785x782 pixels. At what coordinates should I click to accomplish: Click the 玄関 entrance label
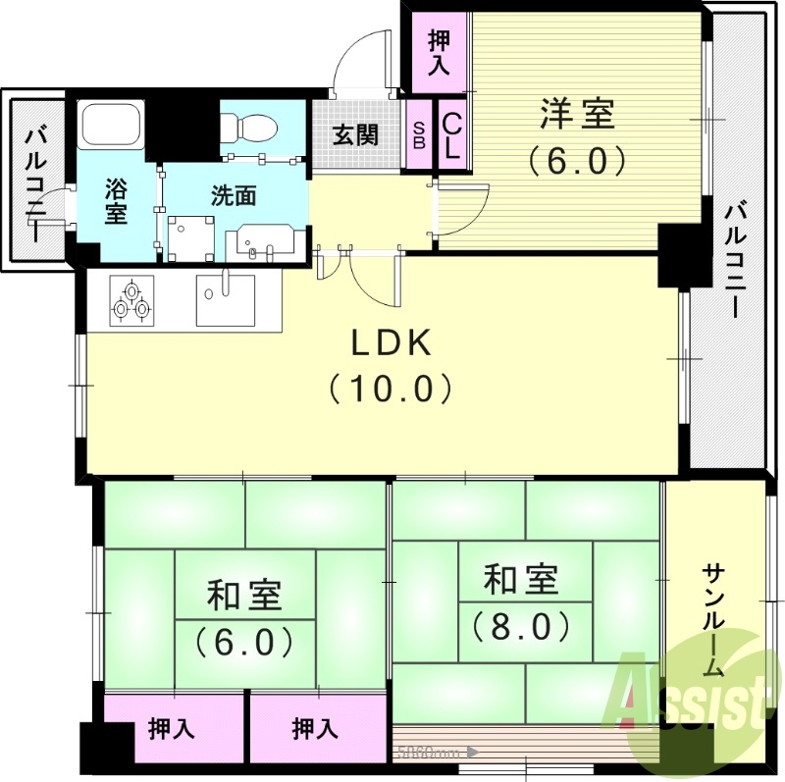[355, 134]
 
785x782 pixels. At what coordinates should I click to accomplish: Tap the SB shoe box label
[419, 134]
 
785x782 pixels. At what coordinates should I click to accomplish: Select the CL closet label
[452, 135]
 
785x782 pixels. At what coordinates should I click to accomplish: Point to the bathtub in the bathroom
[112, 125]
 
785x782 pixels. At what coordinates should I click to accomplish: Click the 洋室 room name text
[576, 115]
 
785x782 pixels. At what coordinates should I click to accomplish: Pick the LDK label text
[392, 342]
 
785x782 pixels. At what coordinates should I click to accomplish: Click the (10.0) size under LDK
[392, 389]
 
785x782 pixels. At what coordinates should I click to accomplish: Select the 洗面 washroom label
[234, 194]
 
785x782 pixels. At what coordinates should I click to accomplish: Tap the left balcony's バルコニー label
[36, 183]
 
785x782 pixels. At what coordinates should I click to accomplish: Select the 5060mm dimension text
[429, 754]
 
